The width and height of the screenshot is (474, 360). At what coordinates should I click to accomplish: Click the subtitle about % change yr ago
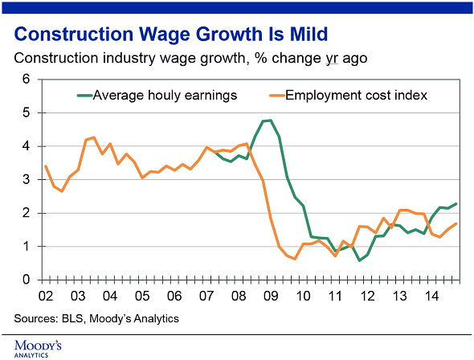tap(190, 59)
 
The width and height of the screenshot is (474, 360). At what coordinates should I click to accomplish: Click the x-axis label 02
tap(46, 295)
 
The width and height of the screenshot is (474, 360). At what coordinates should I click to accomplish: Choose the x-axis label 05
tap(141, 295)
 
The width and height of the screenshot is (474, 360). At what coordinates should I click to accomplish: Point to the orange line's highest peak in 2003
tap(93, 137)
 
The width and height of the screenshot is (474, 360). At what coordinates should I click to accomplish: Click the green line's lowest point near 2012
tap(359, 260)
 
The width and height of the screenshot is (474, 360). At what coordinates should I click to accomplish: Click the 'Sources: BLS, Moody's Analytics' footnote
tap(96, 319)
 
